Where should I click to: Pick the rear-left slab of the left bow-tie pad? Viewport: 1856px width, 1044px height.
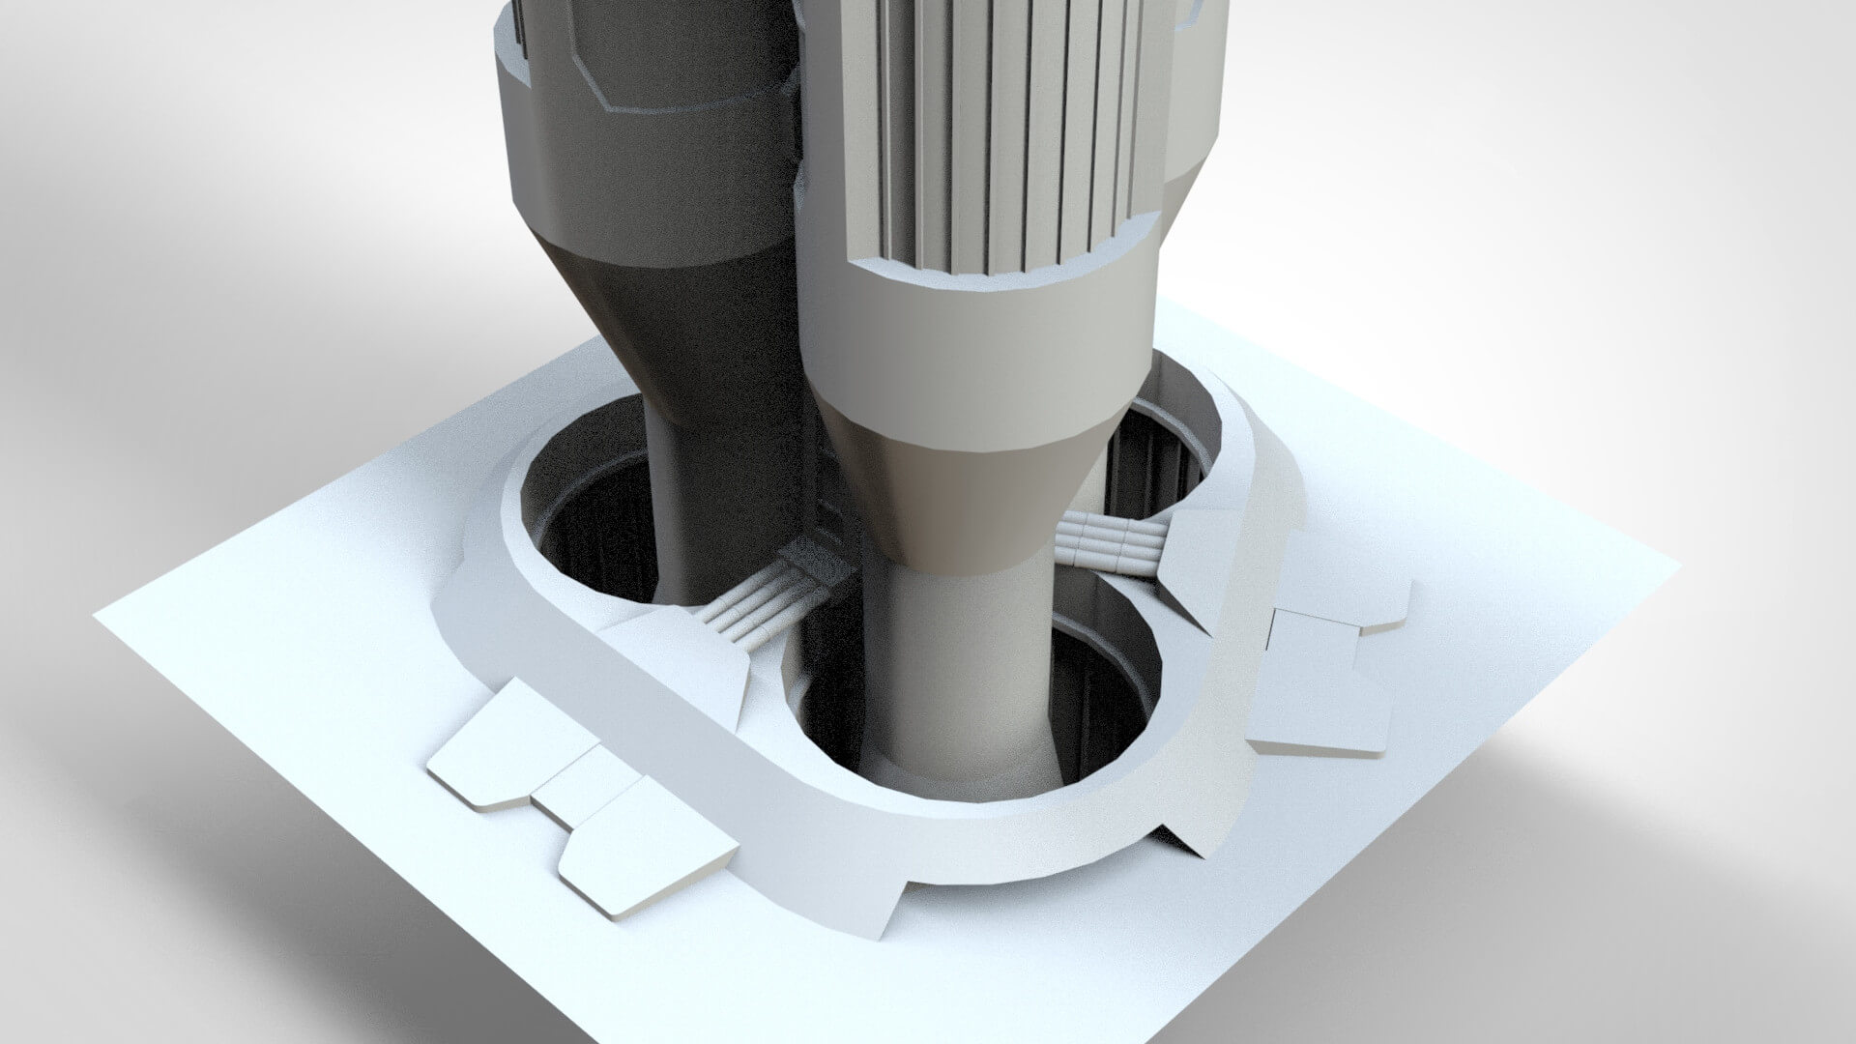pos(503,739)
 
